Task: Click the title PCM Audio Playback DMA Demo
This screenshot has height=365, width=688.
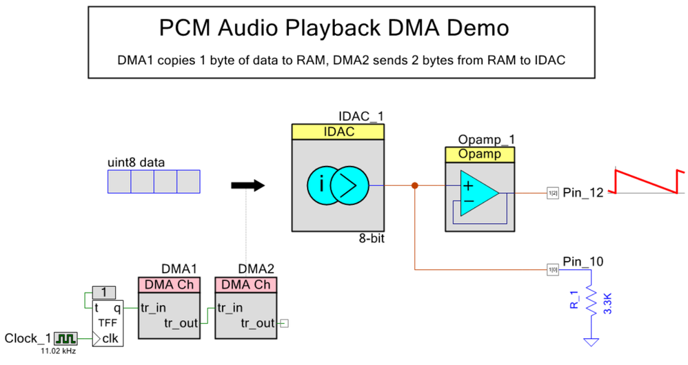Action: coord(334,28)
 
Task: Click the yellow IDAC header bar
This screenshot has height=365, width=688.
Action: coord(337,132)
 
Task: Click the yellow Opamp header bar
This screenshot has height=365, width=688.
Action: coord(480,154)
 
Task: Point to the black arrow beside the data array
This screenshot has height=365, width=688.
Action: coord(247,185)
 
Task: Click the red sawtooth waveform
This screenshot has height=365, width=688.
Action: coord(647,180)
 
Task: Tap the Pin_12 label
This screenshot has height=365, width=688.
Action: coord(583,193)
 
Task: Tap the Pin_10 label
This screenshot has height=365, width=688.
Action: coord(583,262)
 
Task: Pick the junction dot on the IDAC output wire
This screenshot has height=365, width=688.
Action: coord(414,185)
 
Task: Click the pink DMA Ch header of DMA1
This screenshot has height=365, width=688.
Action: coord(169,284)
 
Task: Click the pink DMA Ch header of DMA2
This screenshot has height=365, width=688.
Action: coord(245,284)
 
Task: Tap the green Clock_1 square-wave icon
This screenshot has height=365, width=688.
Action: coord(67,338)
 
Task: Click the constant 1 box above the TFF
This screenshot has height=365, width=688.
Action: coord(103,293)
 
